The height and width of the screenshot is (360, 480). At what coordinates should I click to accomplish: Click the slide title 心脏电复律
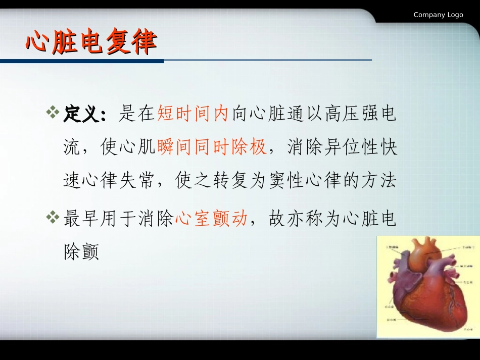pyautogui.click(x=91, y=42)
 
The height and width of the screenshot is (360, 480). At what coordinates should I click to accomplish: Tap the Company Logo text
pyautogui.click(x=438, y=15)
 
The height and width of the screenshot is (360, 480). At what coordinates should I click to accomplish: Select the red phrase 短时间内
pyautogui.click(x=194, y=114)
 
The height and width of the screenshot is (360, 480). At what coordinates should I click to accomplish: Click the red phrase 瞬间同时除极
pyautogui.click(x=212, y=147)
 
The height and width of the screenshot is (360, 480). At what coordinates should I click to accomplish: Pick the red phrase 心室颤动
pyautogui.click(x=211, y=219)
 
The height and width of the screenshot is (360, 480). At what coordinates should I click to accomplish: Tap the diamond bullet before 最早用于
pyautogui.click(x=53, y=218)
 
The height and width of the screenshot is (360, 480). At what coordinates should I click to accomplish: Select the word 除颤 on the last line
pyautogui.click(x=81, y=252)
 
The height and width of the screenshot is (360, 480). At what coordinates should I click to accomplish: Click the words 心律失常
pyautogui.click(x=118, y=180)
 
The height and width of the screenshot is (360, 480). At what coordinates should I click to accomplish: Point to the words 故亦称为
pyautogui.click(x=305, y=219)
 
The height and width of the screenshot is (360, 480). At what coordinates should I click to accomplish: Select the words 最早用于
pyautogui.click(x=100, y=219)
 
